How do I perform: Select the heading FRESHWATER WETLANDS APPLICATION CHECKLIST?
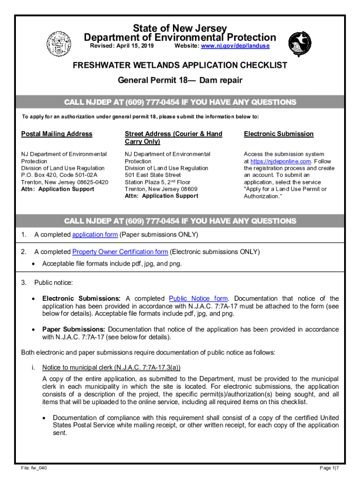(x=180, y=65)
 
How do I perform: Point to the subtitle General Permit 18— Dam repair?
(x=180, y=80)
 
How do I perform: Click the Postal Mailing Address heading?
(x=57, y=134)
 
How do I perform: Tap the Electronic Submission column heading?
(x=278, y=134)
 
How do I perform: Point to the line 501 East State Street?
(x=152, y=175)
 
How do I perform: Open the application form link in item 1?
(x=95, y=234)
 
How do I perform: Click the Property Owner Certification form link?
(x=120, y=252)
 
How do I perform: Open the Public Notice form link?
(x=198, y=298)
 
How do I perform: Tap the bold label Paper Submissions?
(x=74, y=329)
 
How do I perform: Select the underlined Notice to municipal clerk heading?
(x=111, y=367)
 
